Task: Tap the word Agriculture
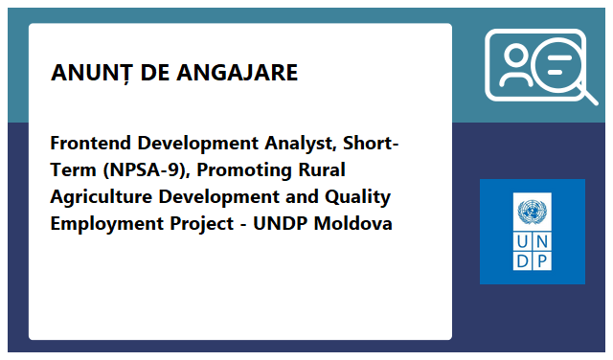coord(101,197)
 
